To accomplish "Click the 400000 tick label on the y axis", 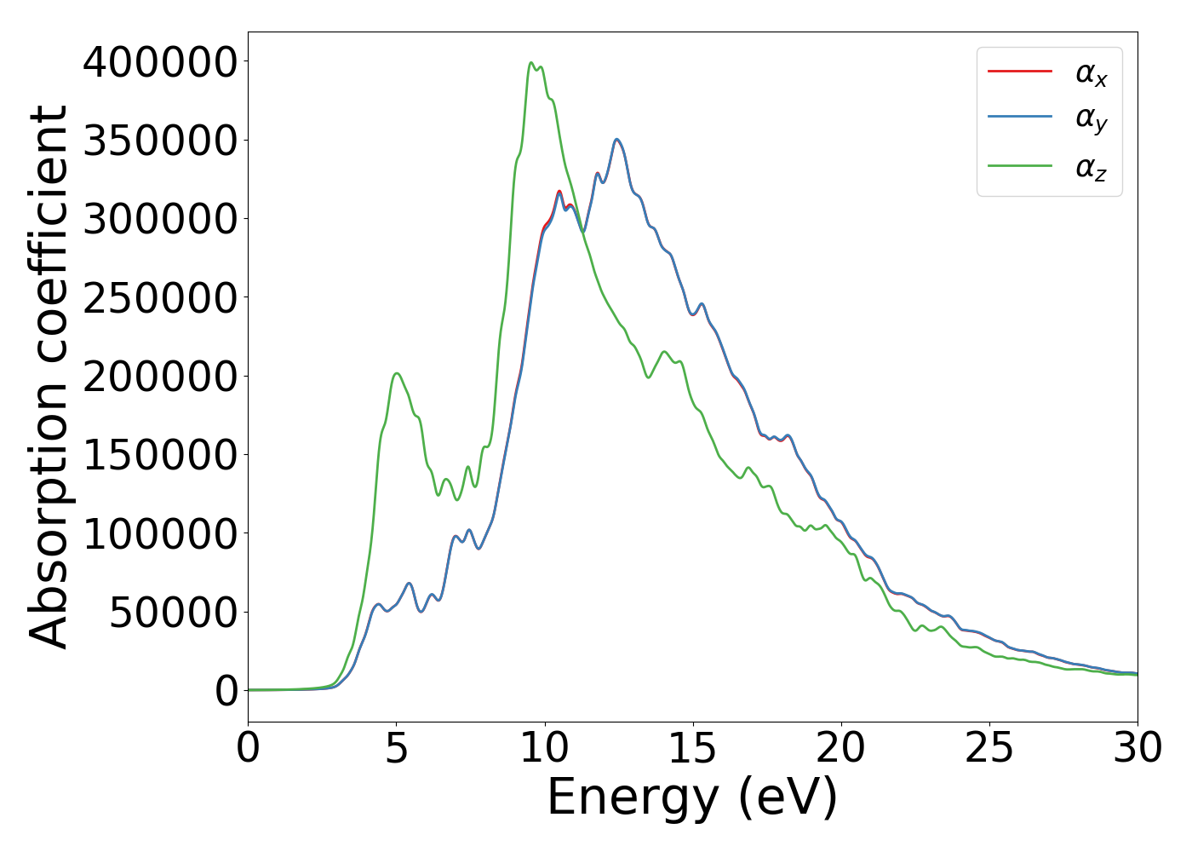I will click(159, 62).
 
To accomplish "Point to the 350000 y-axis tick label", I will click(159, 141).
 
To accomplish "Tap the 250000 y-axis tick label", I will click(159, 298).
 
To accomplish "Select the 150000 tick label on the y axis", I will click(159, 455).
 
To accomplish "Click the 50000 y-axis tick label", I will click(173, 612).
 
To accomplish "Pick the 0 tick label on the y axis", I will click(226, 691).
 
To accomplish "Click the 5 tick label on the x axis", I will click(397, 748).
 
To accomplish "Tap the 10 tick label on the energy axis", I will click(545, 748).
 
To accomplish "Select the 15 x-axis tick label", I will click(693, 748).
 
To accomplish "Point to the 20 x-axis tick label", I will click(841, 748).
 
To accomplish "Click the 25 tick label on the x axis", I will click(989, 748).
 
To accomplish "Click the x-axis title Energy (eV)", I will click(692, 798).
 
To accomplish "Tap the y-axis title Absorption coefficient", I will click(49, 377).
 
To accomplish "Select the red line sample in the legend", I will click(1020, 72).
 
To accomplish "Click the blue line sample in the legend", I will click(1020, 118).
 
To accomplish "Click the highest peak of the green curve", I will click(531, 62).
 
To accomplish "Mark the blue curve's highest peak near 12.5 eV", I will click(617, 139).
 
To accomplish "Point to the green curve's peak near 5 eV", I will click(397, 373).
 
